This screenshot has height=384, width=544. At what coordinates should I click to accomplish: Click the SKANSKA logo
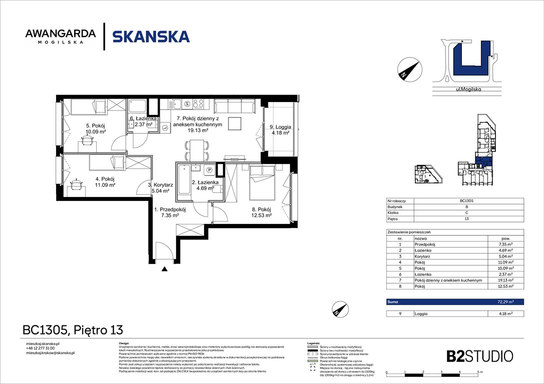point(151,36)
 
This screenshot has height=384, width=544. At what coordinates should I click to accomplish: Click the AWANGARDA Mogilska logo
point(61,36)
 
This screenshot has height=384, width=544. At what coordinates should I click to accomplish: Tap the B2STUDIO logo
point(479,356)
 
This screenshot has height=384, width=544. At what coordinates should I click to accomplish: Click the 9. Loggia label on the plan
point(280,127)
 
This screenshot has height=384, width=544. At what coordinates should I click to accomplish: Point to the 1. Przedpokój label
point(170,209)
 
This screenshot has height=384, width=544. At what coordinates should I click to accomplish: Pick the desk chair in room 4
point(76,184)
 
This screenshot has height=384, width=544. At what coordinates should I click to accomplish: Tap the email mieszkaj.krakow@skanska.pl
point(50,353)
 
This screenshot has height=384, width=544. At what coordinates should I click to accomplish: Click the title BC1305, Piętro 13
point(73,330)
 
